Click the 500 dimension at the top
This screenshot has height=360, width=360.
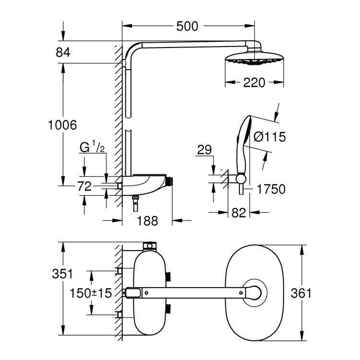click(187, 26)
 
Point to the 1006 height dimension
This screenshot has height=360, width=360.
click(62, 126)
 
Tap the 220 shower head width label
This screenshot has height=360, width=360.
click(253, 83)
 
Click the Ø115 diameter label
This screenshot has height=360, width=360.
click(269, 137)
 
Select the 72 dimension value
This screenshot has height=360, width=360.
click(84, 187)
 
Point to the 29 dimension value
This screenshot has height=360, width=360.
click(204, 151)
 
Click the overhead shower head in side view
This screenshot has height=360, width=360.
click(253, 59)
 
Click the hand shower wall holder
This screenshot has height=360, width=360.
click(240, 179)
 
